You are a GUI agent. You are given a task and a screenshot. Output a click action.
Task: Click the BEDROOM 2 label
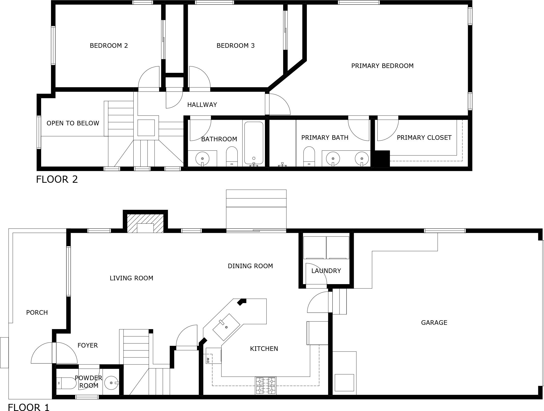click(109, 46)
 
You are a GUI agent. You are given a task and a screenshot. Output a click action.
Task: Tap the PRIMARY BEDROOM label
click(382, 66)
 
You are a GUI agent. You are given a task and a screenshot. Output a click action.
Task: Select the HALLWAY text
click(202, 105)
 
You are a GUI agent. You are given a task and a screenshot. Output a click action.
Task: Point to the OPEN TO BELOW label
click(73, 123)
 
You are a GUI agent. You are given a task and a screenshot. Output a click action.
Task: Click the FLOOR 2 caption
click(57, 179)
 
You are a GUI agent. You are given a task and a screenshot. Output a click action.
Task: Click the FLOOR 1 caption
click(29, 407)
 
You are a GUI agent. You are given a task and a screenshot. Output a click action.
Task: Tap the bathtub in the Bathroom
click(254, 143)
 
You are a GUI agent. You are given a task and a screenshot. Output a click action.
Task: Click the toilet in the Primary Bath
click(309, 156)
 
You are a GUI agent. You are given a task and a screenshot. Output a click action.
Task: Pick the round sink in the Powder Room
click(111, 383)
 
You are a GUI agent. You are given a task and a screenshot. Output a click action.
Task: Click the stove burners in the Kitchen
click(266, 385)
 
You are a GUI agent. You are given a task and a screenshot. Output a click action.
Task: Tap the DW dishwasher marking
click(208, 360)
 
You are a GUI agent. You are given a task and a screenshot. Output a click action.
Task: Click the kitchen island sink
click(226, 327)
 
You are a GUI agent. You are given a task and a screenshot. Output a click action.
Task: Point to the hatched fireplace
click(145, 223)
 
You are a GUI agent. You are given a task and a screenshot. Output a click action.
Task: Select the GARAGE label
click(434, 323)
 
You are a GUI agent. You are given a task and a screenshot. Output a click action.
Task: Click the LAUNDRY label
click(326, 271)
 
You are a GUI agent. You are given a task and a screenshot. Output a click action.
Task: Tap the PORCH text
click(37, 313)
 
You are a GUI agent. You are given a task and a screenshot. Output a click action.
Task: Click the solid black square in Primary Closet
click(382, 158)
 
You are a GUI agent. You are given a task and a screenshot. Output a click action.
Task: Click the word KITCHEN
click(264, 349)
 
